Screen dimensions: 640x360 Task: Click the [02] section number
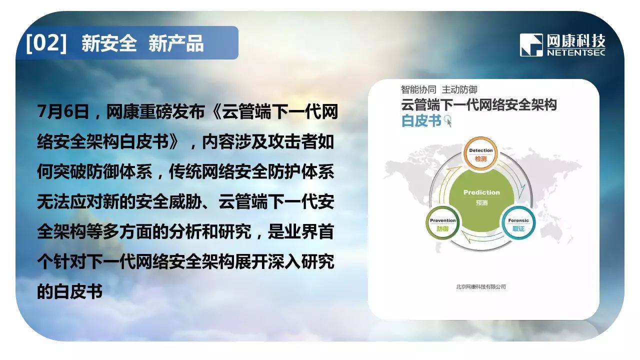coord(46,43)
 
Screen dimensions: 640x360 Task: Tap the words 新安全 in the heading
coord(109,43)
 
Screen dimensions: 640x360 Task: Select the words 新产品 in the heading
coord(176,43)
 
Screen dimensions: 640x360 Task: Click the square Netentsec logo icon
coord(531,45)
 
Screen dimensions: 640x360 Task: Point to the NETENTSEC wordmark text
coord(576,53)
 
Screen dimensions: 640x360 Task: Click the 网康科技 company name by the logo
coord(576,41)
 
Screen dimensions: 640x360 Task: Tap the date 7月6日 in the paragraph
coord(63,111)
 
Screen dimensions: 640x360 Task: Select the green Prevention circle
coord(442,223)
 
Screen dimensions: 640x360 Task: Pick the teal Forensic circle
coord(518,223)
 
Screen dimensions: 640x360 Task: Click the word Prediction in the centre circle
coord(481,192)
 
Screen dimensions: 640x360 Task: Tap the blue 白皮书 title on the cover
coord(421,120)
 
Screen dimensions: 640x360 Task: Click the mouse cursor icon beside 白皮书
coord(447,121)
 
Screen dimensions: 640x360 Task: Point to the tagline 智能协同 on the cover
coord(418,89)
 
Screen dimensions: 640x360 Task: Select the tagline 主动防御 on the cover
coord(459,89)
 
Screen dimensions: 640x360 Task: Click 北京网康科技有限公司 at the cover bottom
coord(481,286)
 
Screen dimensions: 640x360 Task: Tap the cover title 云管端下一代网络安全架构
coord(479,104)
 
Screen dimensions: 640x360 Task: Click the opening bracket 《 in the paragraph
coord(214,111)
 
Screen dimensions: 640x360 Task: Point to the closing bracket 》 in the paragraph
coord(175,141)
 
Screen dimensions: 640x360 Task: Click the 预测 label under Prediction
coord(481,202)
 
